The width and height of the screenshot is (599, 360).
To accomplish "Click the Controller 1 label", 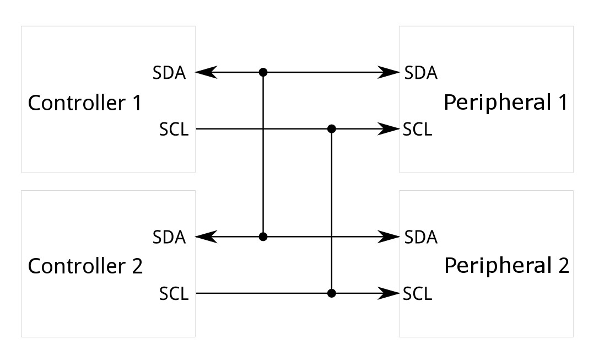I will coord(85,103).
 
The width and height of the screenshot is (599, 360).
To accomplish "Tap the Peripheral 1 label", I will coord(505,103).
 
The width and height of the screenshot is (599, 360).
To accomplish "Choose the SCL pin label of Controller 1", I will coord(174,130).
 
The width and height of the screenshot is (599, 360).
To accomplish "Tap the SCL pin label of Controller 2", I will coord(174,294).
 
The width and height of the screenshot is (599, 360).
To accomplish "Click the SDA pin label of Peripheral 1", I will coord(420,73).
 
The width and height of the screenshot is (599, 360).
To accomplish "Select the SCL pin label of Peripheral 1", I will coord(417,130).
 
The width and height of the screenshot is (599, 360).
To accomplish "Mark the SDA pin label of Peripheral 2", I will coord(420,237).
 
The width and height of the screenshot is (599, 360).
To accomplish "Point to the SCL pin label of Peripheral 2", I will coord(417,294).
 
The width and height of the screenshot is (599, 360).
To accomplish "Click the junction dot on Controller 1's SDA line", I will coord(263,72).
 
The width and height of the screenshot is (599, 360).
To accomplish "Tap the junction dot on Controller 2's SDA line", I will coord(263,237).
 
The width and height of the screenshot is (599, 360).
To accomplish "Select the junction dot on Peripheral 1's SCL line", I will coord(331,129).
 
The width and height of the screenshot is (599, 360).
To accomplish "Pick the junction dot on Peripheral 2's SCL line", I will coord(331,293).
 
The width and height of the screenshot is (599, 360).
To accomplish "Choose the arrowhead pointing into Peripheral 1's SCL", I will coord(391,129).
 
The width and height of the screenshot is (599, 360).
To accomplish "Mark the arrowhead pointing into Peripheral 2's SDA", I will coord(391,237).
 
